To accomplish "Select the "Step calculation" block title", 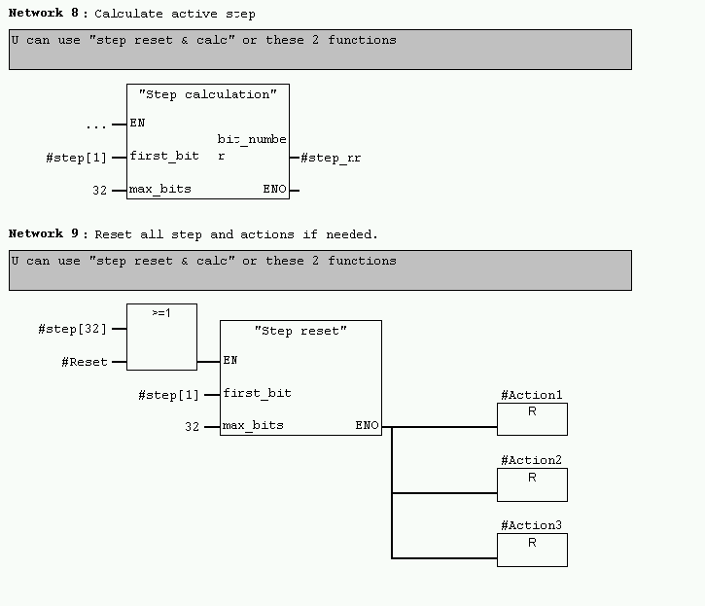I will click(207, 94).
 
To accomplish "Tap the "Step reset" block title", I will click(300, 331).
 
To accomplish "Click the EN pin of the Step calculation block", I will click(137, 124).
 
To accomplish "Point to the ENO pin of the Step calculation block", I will click(275, 190).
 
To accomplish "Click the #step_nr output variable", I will click(331, 158).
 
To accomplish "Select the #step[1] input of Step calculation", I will click(76, 158).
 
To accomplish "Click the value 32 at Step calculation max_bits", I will click(99, 191).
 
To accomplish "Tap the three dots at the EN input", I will click(95, 125).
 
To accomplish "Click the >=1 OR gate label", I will click(161, 314).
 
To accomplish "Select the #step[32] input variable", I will click(72, 329).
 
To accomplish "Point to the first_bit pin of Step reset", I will click(257, 393).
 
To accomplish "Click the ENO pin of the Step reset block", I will click(367, 426).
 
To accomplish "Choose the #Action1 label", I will click(531, 396).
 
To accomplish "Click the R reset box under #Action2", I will click(532, 484).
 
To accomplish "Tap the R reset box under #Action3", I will click(532, 550).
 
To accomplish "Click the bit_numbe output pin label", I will click(252, 140).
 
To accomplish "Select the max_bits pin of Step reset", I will click(253, 426).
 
